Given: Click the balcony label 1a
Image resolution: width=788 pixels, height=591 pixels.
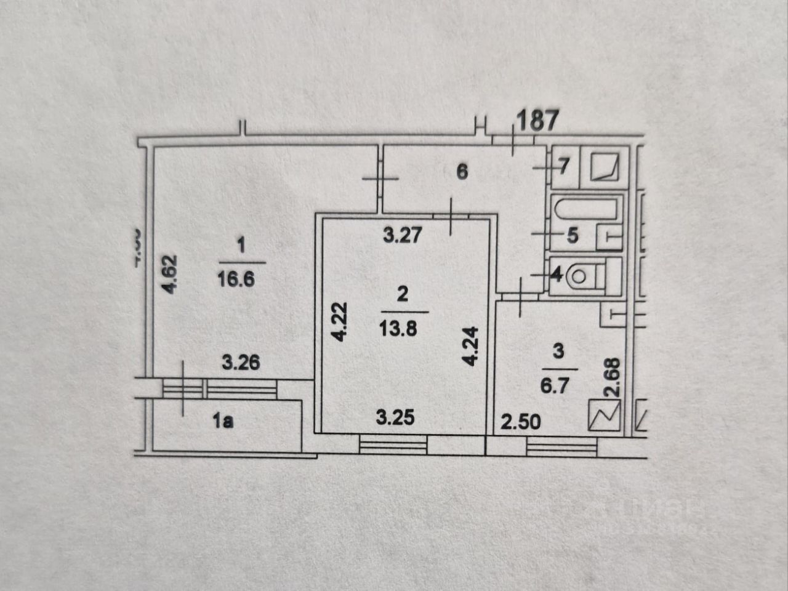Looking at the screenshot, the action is pyautogui.click(x=223, y=422).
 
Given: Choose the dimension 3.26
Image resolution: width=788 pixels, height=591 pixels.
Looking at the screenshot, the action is pyautogui.click(x=241, y=363).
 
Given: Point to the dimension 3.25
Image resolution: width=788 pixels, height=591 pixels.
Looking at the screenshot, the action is pyautogui.click(x=395, y=418).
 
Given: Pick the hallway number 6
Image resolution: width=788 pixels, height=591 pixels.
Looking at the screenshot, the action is pyautogui.click(x=462, y=171).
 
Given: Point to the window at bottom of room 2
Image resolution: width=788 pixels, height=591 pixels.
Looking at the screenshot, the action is pyautogui.click(x=393, y=443).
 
